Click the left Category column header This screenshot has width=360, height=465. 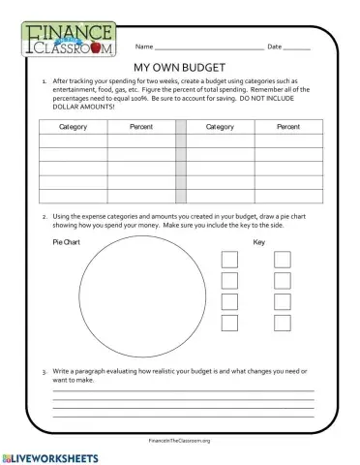(73, 126)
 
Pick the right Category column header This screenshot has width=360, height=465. (220, 126)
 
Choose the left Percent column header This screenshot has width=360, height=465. (140, 126)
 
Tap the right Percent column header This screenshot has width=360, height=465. (288, 126)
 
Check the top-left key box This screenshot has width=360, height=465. (230, 259)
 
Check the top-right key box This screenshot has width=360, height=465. (282, 259)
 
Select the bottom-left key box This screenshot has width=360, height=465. (230, 323)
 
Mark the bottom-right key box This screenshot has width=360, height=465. (282, 323)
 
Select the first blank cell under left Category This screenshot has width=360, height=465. (73, 140)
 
